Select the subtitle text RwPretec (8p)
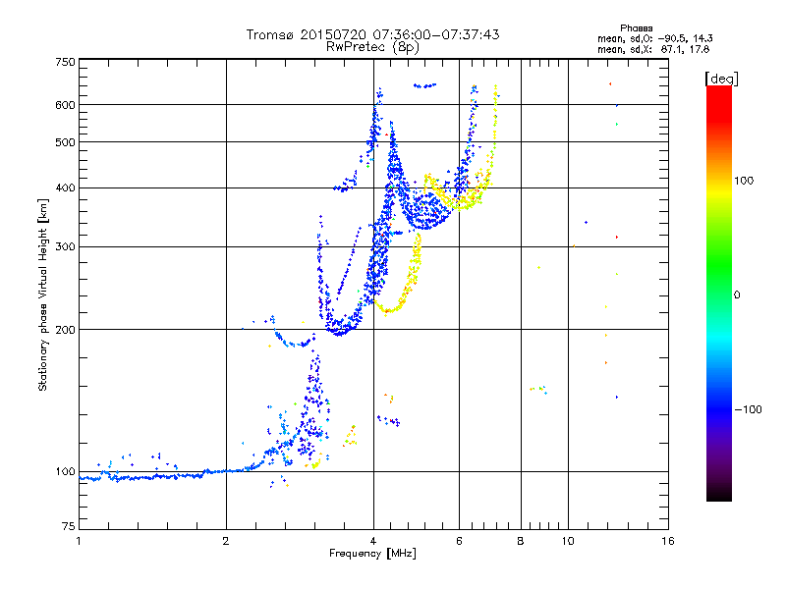tap(372, 47)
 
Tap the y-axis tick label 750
tap(66, 62)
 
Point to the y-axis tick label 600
tap(66, 105)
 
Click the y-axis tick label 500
tap(66, 142)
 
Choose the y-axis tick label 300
tap(66, 246)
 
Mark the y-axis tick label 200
tap(66, 330)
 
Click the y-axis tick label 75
tap(69, 526)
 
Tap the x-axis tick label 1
tap(79, 541)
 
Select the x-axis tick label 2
tap(226, 541)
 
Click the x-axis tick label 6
tap(459, 541)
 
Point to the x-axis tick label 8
tap(521, 541)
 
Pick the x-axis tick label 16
tap(668, 541)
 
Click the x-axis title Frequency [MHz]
tap(372, 554)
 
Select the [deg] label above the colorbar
tap(721, 79)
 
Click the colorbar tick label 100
tap(744, 181)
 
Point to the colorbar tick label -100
tap(748, 409)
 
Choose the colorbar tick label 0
tap(737, 295)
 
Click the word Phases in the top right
tap(636, 28)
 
